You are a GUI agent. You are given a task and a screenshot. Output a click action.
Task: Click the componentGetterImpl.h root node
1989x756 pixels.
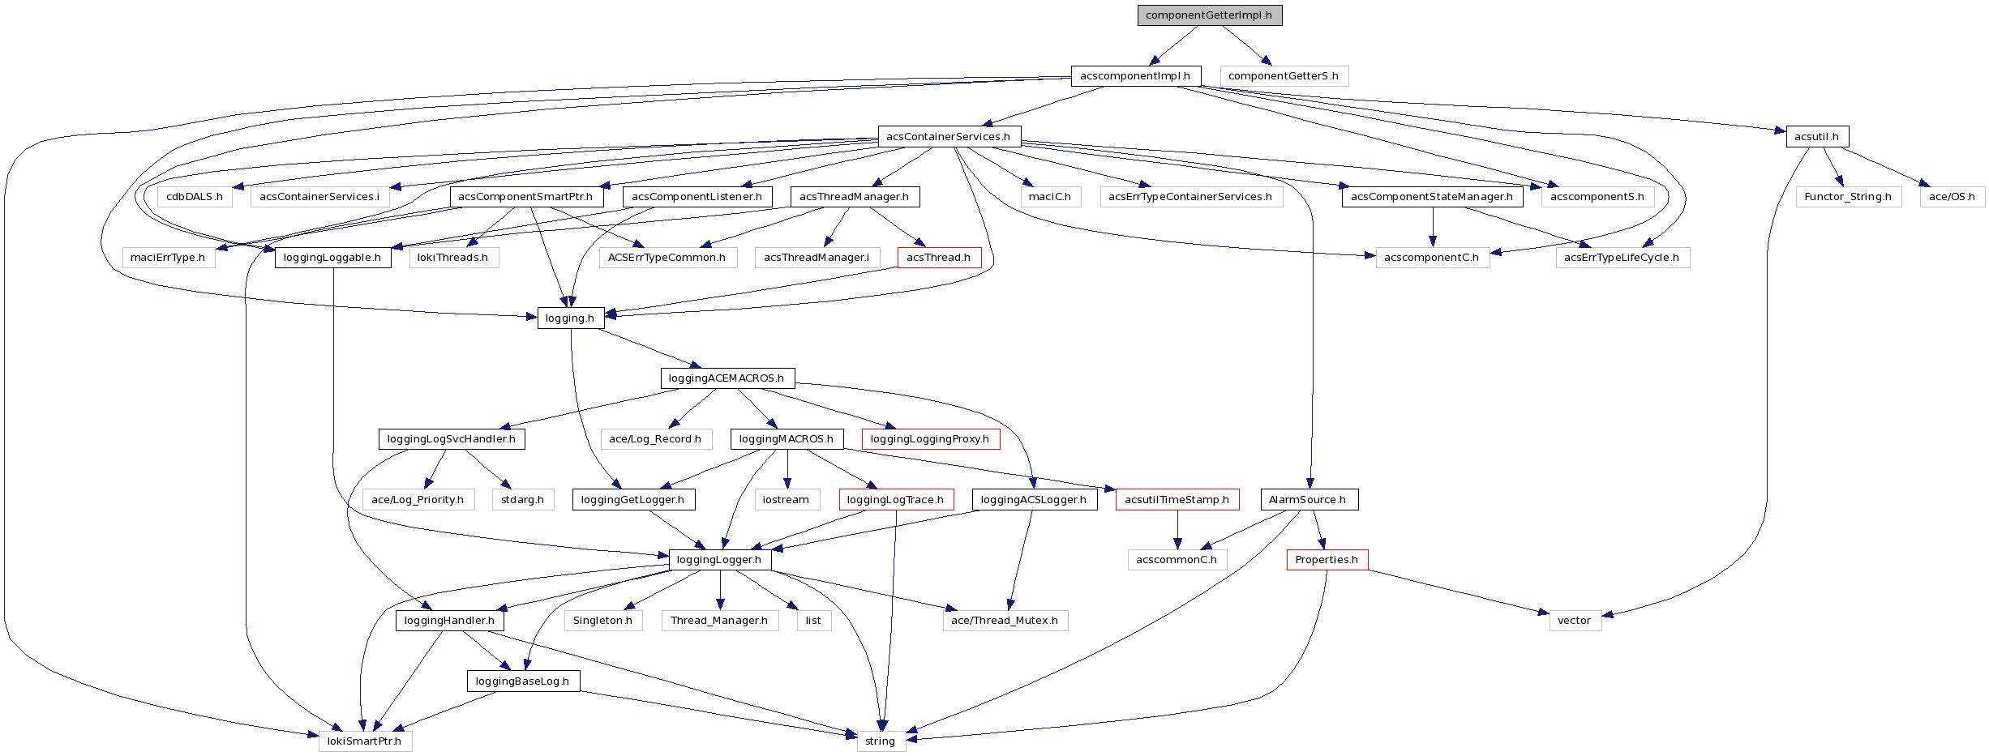click(x=1209, y=15)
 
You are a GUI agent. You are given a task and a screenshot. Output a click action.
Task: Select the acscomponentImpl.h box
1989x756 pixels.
click(x=1135, y=76)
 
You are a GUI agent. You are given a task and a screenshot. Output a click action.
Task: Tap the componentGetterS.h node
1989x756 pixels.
click(x=1284, y=76)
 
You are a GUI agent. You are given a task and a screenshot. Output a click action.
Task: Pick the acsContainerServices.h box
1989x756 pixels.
click(x=949, y=137)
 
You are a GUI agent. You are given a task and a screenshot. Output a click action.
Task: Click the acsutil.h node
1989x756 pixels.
click(x=1816, y=137)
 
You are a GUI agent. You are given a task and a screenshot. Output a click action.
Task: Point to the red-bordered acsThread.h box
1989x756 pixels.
click(x=939, y=258)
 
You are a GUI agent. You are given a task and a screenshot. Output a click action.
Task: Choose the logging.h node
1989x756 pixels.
click(x=570, y=318)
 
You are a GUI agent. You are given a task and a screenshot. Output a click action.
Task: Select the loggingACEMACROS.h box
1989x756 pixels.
click(x=727, y=378)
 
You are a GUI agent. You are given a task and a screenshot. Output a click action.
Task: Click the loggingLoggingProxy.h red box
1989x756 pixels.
click(x=930, y=439)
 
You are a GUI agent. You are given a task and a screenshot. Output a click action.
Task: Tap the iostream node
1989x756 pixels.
click(x=787, y=500)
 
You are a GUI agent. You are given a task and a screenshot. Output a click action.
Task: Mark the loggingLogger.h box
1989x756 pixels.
click(x=719, y=560)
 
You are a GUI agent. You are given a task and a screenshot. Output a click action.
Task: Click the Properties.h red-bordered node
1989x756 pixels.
click(x=1327, y=560)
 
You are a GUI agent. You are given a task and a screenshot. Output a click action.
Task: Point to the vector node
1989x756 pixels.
click(x=1575, y=621)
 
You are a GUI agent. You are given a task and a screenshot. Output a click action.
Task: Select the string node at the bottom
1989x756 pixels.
click(x=881, y=741)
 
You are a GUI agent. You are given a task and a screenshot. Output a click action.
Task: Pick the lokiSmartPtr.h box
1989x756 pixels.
click(x=365, y=741)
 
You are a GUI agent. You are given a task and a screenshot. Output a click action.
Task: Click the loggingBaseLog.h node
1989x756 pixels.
click(x=523, y=681)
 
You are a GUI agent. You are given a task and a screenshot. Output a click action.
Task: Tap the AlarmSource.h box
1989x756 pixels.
click(x=1308, y=500)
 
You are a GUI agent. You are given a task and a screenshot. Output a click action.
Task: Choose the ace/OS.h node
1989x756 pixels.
click(x=1952, y=197)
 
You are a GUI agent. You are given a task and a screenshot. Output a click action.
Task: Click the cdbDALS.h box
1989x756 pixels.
click(x=195, y=197)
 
